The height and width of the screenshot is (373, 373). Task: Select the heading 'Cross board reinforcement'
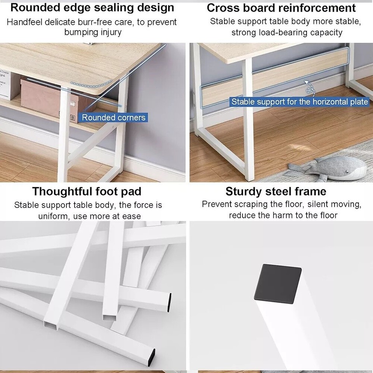click(x=281, y=8)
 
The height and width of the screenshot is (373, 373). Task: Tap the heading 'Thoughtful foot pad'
click(x=87, y=191)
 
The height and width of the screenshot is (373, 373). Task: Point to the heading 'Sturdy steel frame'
click(x=276, y=191)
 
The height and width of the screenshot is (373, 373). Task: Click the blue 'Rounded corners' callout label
click(x=113, y=117)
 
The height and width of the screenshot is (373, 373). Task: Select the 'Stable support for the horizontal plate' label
click(x=300, y=102)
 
